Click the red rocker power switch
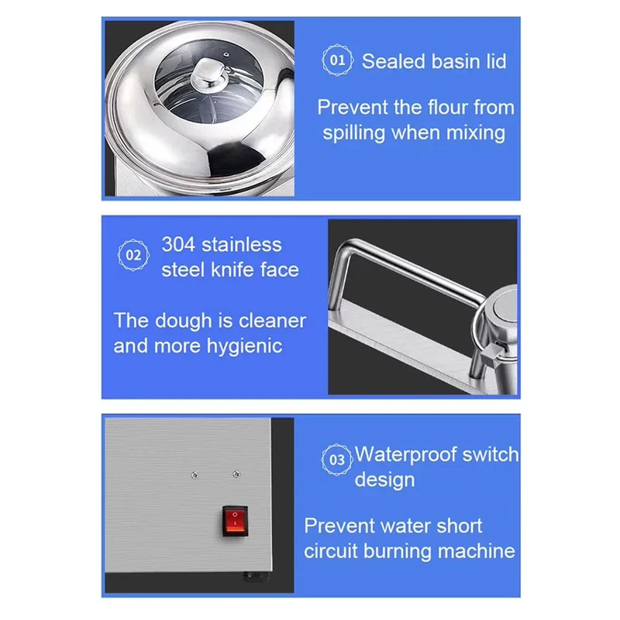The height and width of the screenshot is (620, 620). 235,521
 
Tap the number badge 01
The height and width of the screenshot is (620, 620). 337,60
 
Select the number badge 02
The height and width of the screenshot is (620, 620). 133,255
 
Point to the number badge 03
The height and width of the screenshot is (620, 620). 336,460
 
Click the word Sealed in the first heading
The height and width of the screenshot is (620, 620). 393,62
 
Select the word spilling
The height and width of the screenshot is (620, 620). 354,133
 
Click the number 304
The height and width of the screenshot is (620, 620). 178,244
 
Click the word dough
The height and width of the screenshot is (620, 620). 184,321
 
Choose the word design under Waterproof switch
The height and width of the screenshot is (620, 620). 384,480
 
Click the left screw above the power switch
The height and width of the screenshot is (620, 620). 195,475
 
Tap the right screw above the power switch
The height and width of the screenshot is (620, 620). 236,474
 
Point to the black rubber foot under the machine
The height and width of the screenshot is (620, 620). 256,576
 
